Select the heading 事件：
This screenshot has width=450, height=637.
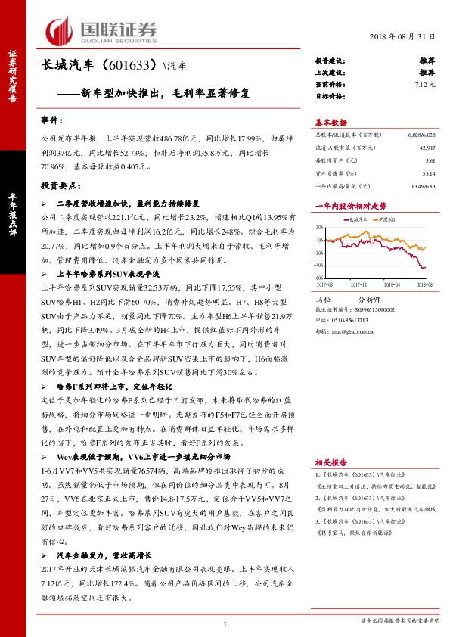pyautogui.click(x=52, y=121)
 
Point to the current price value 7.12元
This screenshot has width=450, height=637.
pyautogui.click(x=424, y=85)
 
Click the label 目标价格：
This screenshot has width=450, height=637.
pyautogui.click(x=330, y=97)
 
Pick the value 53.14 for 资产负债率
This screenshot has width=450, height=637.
pyautogui.click(x=428, y=172)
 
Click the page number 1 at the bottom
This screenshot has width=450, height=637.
pyautogui.click(x=225, y=623)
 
